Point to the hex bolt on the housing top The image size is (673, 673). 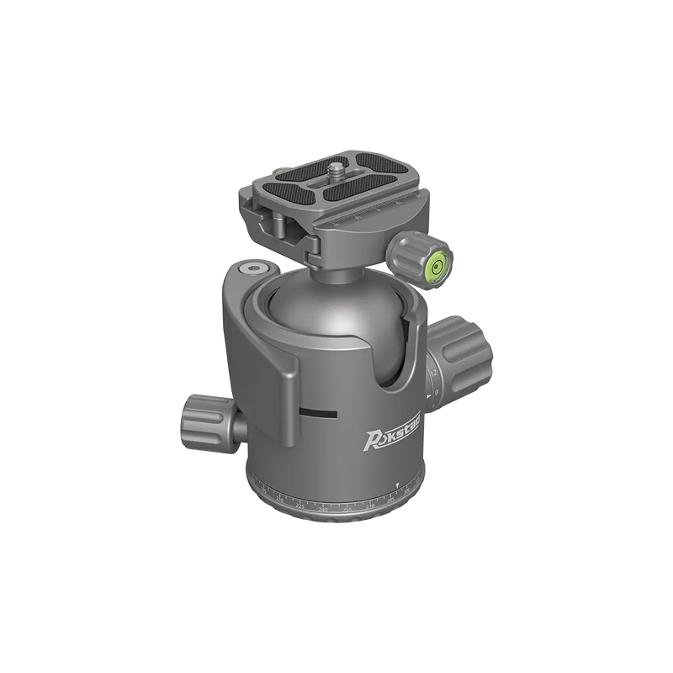click(x=254, y=270)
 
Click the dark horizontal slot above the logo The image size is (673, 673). click(x=319, y=412)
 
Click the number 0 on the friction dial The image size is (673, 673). click(x=438, y=393)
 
